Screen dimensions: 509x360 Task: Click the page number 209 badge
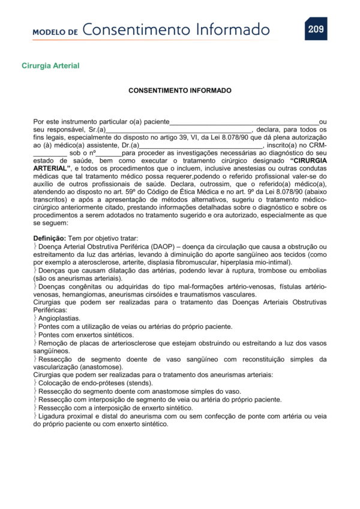(x=316, y=29)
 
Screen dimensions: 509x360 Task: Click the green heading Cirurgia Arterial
(x=50, y=65)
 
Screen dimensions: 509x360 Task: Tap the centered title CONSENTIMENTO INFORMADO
(x=180, y=91)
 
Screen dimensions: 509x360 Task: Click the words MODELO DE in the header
(x=55, y=32)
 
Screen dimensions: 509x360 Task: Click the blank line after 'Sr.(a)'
(x=179, y=130)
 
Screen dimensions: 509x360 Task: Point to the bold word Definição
(x=49, y=238)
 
